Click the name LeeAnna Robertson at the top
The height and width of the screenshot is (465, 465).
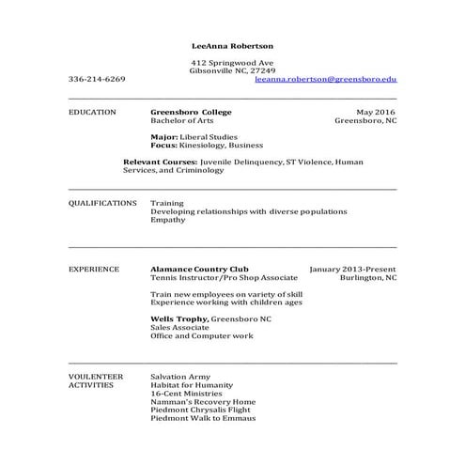coord(232,45)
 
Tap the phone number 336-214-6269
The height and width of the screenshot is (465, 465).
coord(97,80)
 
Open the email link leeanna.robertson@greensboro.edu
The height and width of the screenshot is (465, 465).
coord(325,80)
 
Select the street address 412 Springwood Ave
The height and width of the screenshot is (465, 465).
coord(232,62)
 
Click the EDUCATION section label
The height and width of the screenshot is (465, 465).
coord(92,112)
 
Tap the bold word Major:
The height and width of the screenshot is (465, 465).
coord(164,137)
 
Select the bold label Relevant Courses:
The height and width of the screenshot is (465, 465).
coord(159,162)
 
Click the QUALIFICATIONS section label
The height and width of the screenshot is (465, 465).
coord(102,203)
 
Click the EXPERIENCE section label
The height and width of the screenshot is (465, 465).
coord(94,269)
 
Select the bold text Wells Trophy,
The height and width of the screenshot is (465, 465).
coord(178,319)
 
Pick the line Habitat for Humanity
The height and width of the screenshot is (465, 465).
coord(191,384)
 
